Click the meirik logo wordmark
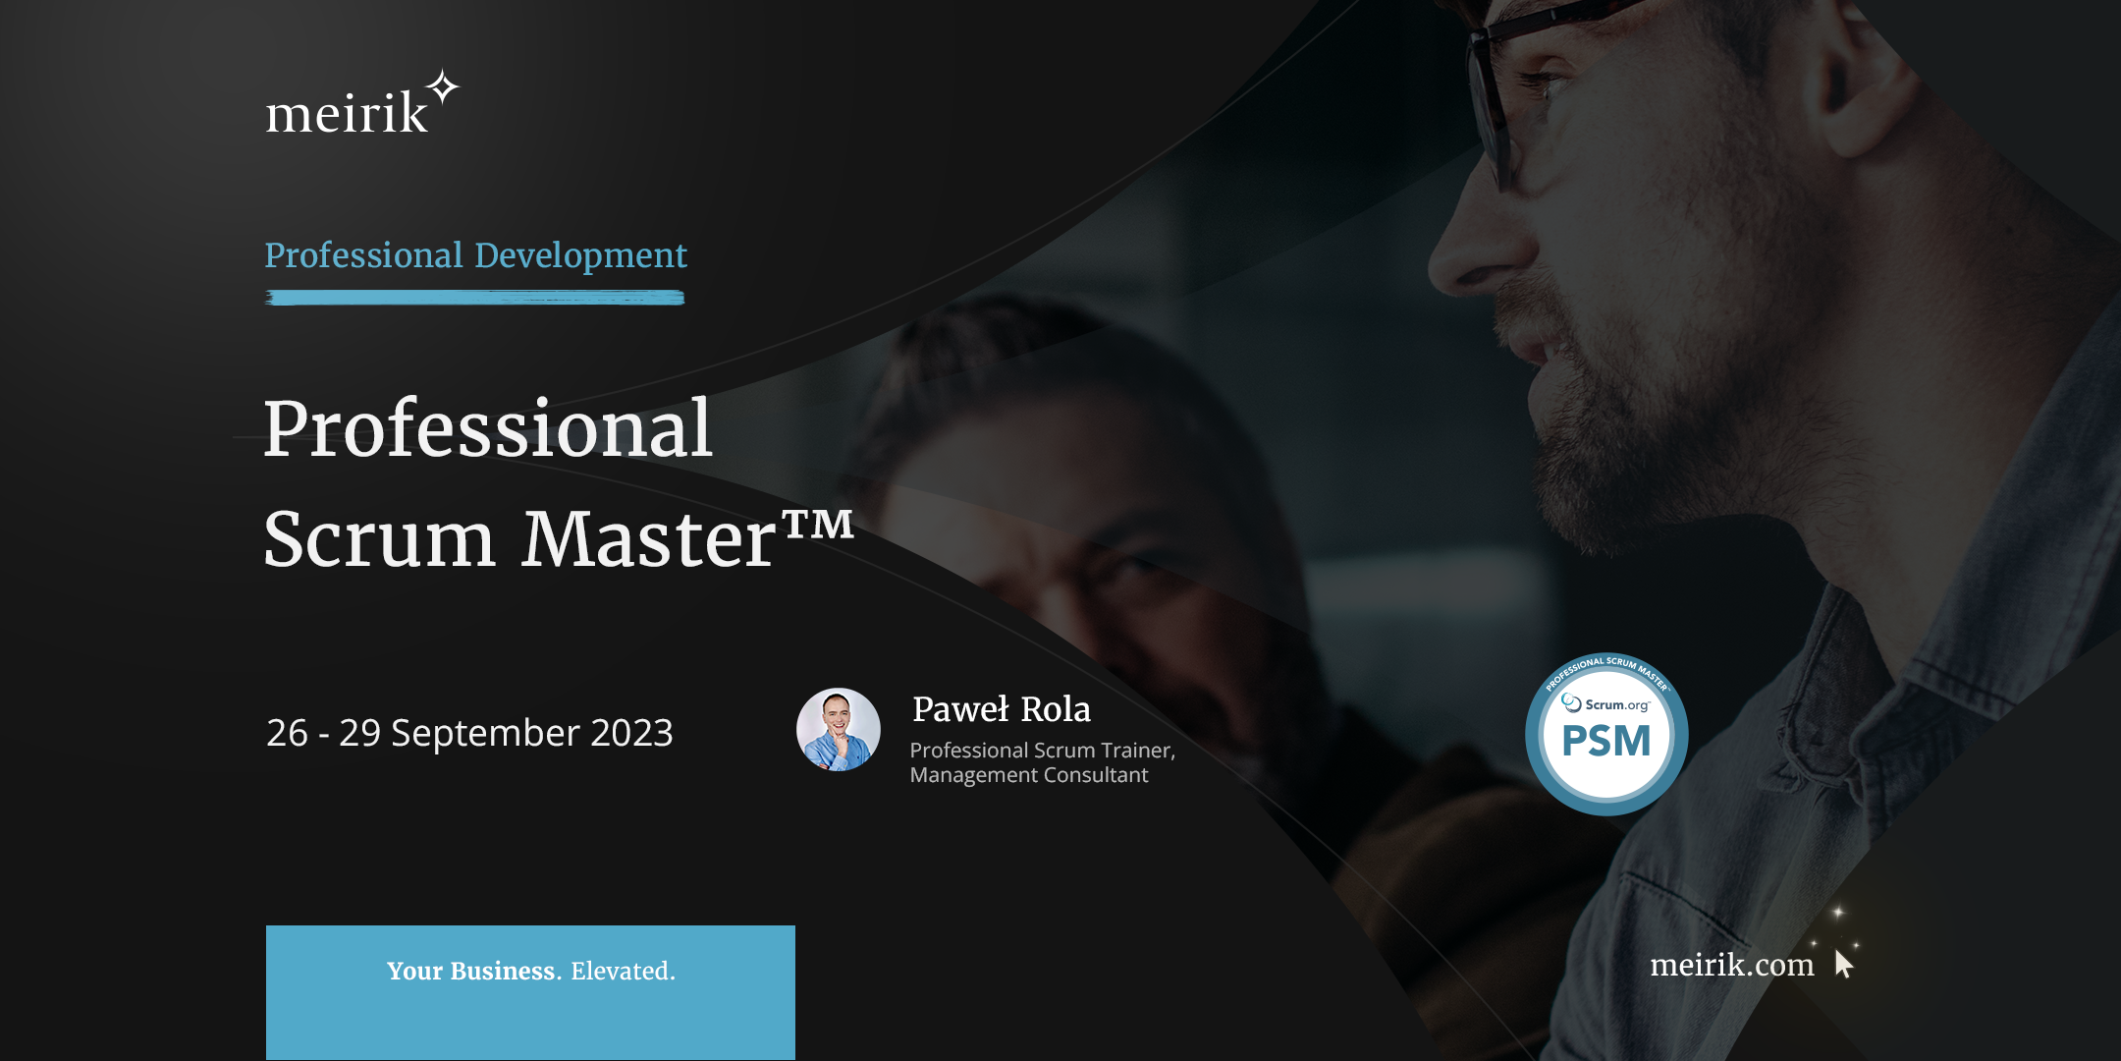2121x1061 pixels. coord(347,111)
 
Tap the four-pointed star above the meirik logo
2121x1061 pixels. coord(444,87)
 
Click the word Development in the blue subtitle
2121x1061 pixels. coord(580,256)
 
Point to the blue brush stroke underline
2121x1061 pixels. coord(475,298)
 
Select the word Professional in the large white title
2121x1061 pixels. coord(487,430)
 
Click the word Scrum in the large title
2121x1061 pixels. coord(379,539)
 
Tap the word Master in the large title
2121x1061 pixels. coord(649,539)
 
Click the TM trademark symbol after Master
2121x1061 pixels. coord(818,525)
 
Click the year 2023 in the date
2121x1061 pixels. coord(631,733)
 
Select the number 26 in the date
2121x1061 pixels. coord(287,733)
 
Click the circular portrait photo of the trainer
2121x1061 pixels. coord(838,729)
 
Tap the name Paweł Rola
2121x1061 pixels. coord(1002,709)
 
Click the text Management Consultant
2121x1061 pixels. coord(1028,775)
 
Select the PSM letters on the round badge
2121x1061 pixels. coord(1606,741)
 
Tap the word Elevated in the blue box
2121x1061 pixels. coord(623,971)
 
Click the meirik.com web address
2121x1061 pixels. coord(1732,965)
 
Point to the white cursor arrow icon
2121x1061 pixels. coord(1843,963)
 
